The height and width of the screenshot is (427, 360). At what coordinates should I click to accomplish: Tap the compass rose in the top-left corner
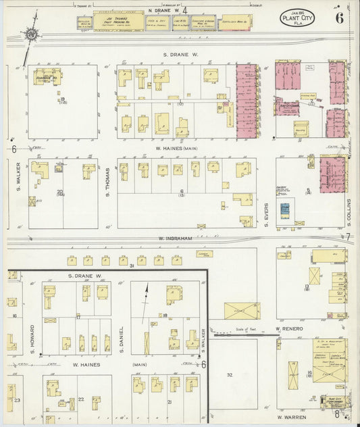tap(30, 33)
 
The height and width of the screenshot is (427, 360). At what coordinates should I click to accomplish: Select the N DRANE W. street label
tap(161, 10)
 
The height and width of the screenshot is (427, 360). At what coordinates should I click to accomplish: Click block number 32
tap(230, 374)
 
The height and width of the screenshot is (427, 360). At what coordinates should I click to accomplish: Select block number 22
tap(80, 399)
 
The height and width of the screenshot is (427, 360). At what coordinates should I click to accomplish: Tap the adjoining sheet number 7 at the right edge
tap(349, 236)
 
